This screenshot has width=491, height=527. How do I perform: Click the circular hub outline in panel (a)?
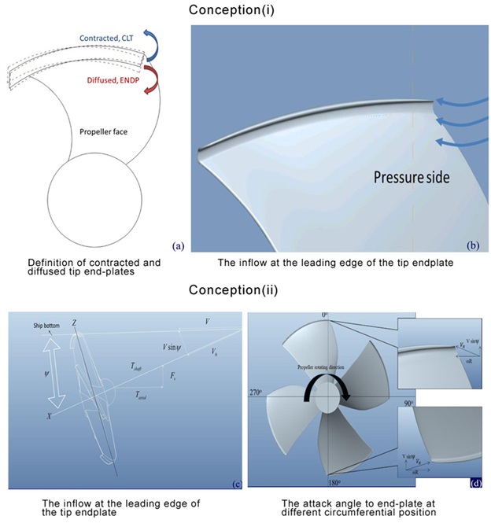coord(94,197)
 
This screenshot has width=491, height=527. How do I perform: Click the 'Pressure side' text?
coord(411,178)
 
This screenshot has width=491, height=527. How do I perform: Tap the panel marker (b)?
coord(472,245)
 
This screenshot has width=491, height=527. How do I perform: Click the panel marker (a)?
coord(178,245)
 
